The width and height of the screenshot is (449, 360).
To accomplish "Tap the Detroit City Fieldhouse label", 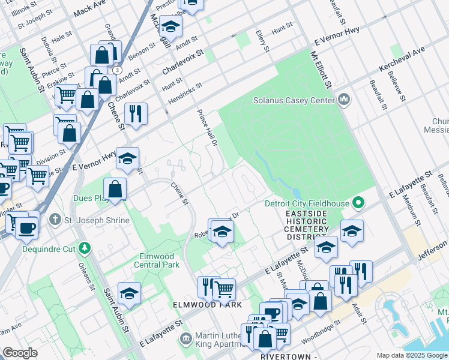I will [307, 203].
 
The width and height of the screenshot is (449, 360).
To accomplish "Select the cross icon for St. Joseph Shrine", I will [56, 220].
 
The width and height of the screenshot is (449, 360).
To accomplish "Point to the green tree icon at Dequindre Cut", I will [85, 247].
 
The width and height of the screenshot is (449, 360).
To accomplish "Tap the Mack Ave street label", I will [93, 8].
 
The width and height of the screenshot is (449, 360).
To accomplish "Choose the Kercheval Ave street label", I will [400, 60].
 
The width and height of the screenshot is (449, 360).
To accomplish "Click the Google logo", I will [21, 352].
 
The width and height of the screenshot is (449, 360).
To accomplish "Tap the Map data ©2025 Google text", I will [411, 355].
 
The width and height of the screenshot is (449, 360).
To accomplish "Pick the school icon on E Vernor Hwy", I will [127, 159].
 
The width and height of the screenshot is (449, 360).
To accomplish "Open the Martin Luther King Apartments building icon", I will [187, 339].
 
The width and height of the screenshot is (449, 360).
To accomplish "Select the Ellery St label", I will [262, 40].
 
